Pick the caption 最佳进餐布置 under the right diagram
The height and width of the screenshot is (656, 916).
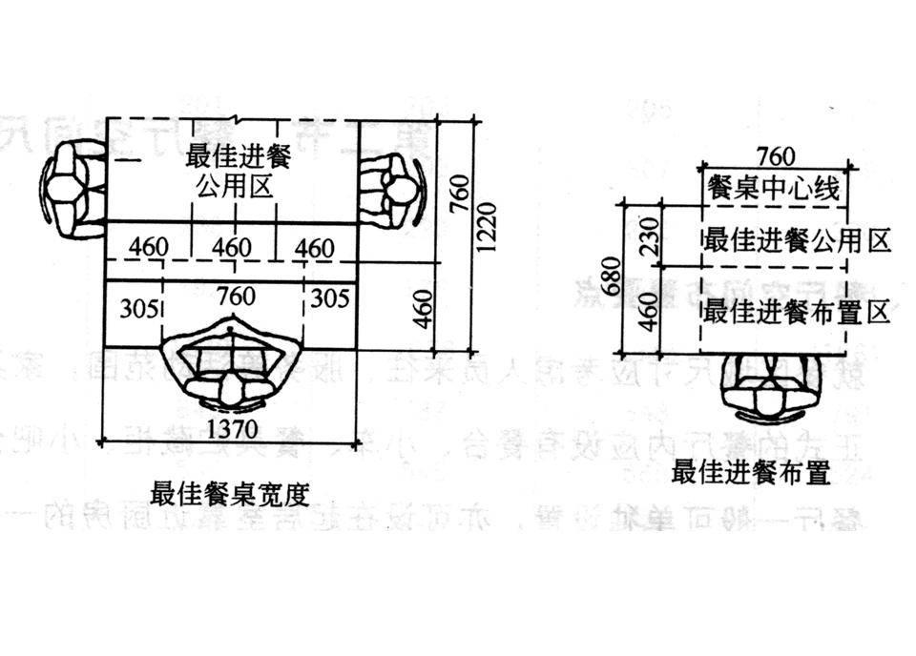point(750,472)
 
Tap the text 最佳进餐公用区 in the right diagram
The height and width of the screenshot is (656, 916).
point(796,239)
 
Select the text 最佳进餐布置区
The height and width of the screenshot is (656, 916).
point(796,310)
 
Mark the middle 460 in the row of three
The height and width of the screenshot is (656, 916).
point(232,249)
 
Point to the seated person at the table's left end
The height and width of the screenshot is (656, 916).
point(73,190)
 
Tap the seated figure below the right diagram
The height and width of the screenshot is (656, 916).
point(776,390)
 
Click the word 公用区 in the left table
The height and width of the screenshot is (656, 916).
point(233,185)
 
